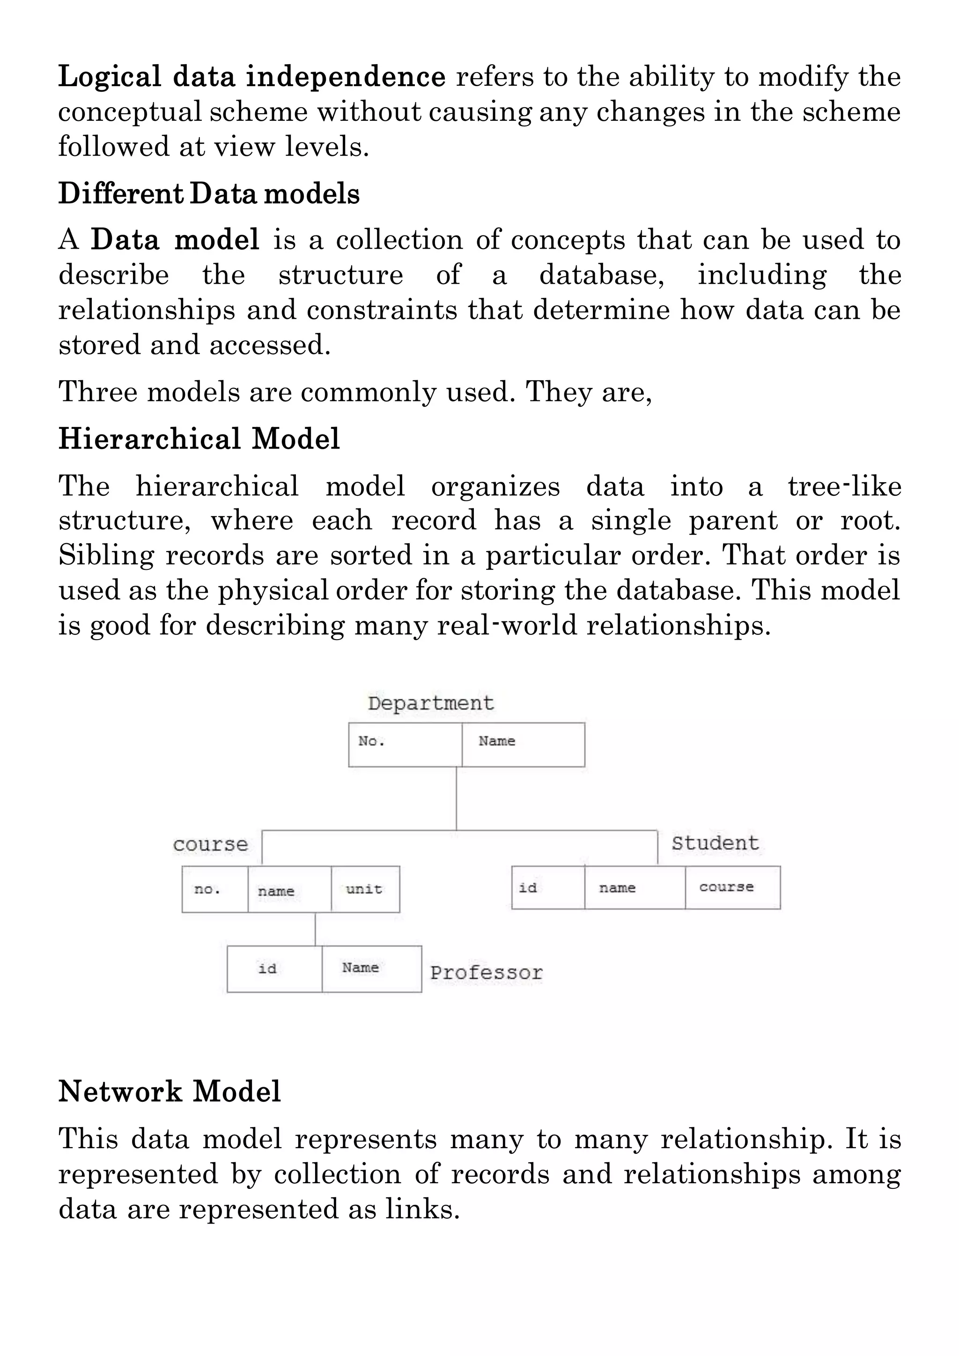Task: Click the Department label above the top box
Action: point(430,703)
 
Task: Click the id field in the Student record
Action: point(548,887)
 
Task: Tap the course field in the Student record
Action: point(732,887)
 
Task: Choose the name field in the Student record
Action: point(635,887)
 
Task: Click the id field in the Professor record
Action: point(274,969)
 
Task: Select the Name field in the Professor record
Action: point(371,969)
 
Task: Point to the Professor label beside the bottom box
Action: point(486,973)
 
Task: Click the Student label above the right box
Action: point(715,843)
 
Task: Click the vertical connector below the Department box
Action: point(457,798)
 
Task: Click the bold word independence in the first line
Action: point(346,77)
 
